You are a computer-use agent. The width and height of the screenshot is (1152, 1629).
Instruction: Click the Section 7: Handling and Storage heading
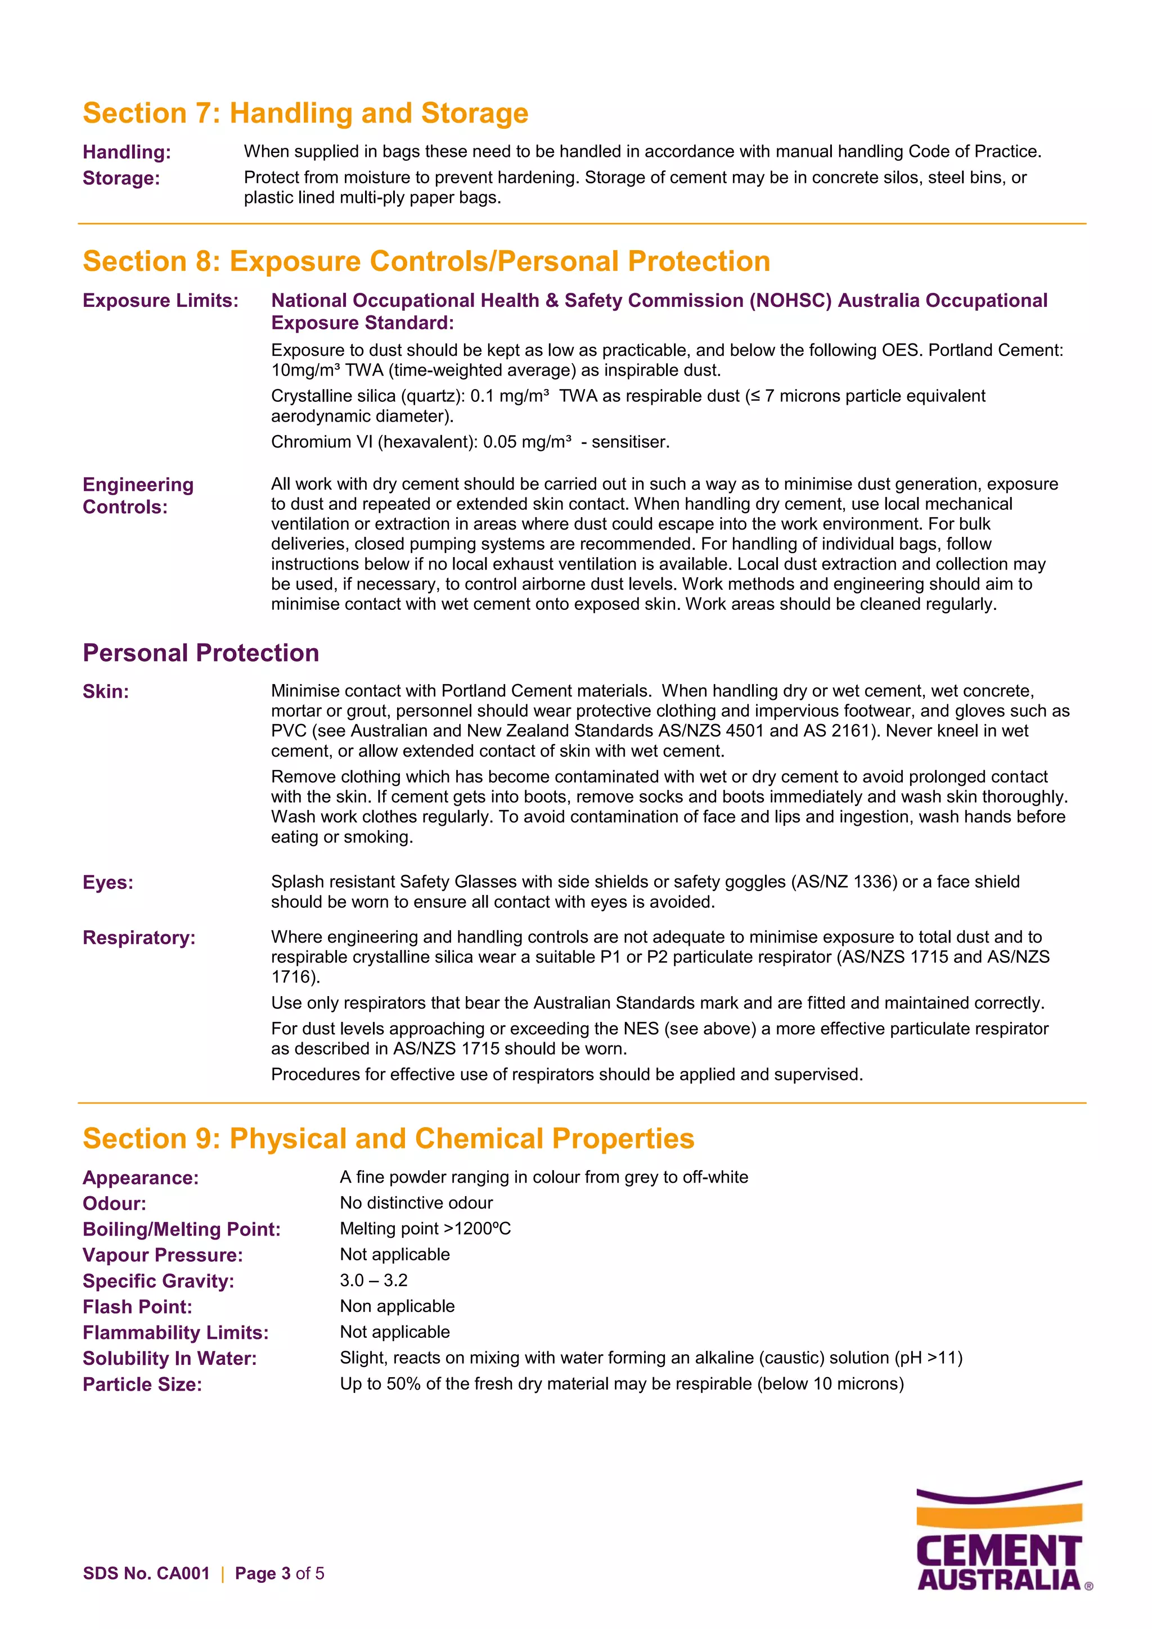pos(305,114)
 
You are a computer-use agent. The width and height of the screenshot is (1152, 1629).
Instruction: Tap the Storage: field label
pos(121,178)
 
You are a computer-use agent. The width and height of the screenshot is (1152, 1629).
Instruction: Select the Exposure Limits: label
pos(160,301)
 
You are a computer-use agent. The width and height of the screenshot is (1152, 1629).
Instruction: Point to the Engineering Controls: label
pos(138,495)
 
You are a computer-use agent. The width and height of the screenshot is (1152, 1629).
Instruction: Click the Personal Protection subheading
pos(201,653)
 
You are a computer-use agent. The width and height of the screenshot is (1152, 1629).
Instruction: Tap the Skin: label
pos(106,692)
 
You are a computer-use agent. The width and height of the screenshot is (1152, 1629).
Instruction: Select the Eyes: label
pos(108,883)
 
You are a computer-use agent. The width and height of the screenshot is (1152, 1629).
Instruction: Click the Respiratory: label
pos(139,938)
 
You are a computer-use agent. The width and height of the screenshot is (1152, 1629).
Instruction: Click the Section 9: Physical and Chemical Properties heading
pos(388,1139)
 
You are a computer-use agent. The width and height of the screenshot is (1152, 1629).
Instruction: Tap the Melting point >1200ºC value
pos(425,1229)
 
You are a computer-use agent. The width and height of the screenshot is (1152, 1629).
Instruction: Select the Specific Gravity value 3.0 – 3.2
pos(373,1280)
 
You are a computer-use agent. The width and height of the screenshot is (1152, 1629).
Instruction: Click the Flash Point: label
pos(137,1307)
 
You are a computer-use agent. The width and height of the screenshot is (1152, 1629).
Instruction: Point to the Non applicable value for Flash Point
pos(397,1306)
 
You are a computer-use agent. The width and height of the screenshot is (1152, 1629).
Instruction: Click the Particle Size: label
pos(142,1384)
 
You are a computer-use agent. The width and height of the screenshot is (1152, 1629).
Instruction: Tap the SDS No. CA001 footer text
pos(146,1574)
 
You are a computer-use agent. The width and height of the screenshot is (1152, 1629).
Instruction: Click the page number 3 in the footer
pos(286,1574)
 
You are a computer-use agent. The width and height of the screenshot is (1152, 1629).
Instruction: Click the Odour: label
pos(114,1203)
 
